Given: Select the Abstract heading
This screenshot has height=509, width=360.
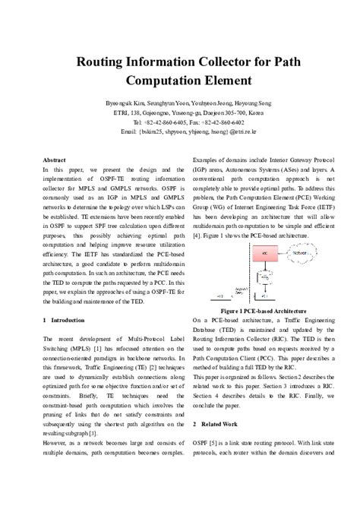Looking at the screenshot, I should (54, 160).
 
